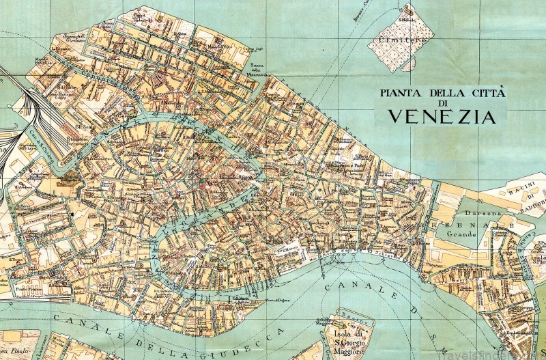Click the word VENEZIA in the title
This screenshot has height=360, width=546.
442,115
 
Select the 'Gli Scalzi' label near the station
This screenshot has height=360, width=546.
84,126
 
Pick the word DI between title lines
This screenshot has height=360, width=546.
442,103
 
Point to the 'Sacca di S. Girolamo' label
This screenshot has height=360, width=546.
72,38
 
